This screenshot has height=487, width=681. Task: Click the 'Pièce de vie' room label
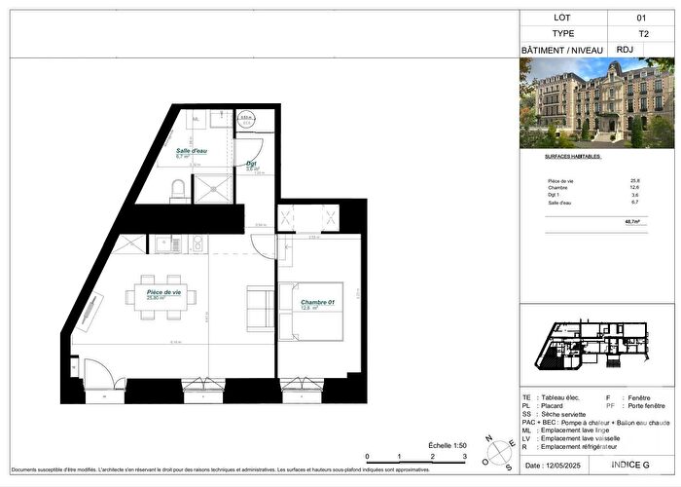(x=163, y=292)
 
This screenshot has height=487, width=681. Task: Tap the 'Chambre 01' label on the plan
(x=317, y=303)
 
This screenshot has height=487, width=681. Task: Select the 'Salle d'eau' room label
(x=190, y=151)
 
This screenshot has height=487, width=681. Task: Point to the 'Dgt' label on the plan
(x=251, y=164)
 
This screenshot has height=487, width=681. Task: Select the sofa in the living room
(x=260, y=307)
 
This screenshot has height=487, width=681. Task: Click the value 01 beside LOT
(x=640, y=17)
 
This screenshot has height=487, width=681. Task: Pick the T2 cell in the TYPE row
(x=640, y=32)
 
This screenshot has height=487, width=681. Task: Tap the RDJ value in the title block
(x=640, y=49)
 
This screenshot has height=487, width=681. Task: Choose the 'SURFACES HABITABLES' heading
(x=573, y=156)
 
